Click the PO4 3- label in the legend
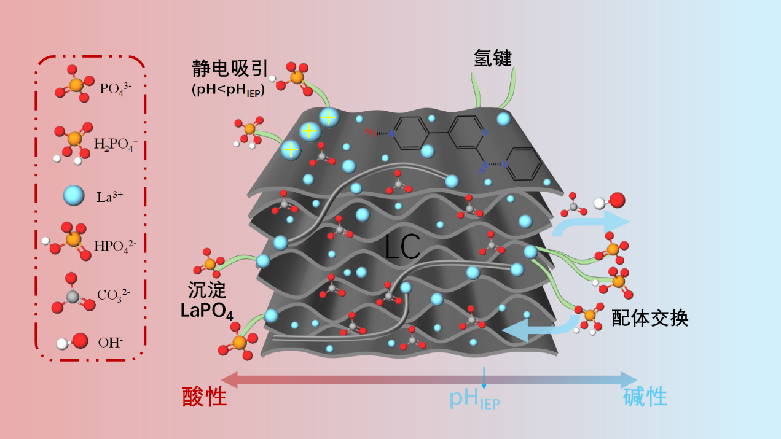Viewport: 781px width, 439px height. click(116, 89)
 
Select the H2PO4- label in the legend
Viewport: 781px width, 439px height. click(116, 144)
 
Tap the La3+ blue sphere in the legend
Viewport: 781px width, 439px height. click(74, 195)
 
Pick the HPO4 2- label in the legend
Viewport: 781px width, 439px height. click(116, 246)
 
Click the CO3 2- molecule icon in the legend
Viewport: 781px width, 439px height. click(73, 295)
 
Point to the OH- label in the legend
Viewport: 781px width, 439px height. click(110, 343)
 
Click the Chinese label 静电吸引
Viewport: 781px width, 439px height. click(230, 68)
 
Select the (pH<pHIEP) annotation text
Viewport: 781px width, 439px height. click(228, 90)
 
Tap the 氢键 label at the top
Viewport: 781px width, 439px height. click(493, 58)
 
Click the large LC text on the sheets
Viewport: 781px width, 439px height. click(402, 247)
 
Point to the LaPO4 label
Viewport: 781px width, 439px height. click(206, 311)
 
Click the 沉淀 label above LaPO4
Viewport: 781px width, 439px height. click(206, 290)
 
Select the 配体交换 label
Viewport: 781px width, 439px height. click(650, 318)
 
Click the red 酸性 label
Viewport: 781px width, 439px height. click(205, 397)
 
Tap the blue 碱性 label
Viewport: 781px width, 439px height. click(645, 397)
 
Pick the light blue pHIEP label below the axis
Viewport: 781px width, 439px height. click(474, 399)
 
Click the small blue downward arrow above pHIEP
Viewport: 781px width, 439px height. click(484, 378)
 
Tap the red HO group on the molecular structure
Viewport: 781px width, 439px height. click(371, 132)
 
